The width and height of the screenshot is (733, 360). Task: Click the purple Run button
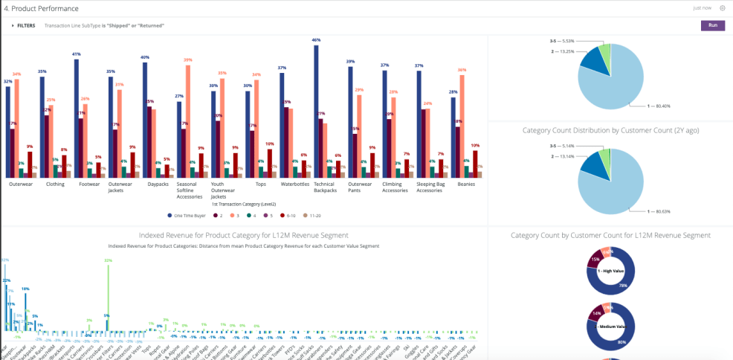click(712, 25)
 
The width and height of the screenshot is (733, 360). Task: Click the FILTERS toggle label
click(25, 25)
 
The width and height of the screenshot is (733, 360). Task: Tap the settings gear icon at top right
click(723, 7)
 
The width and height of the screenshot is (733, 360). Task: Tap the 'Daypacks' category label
click(158, 184)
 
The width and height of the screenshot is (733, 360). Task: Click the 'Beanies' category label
click(465, 184)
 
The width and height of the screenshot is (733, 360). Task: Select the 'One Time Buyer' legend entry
click(189, 215)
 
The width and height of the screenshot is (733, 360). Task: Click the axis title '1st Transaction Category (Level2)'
click(244, 203)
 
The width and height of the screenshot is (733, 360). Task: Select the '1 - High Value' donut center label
click(610, 271)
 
